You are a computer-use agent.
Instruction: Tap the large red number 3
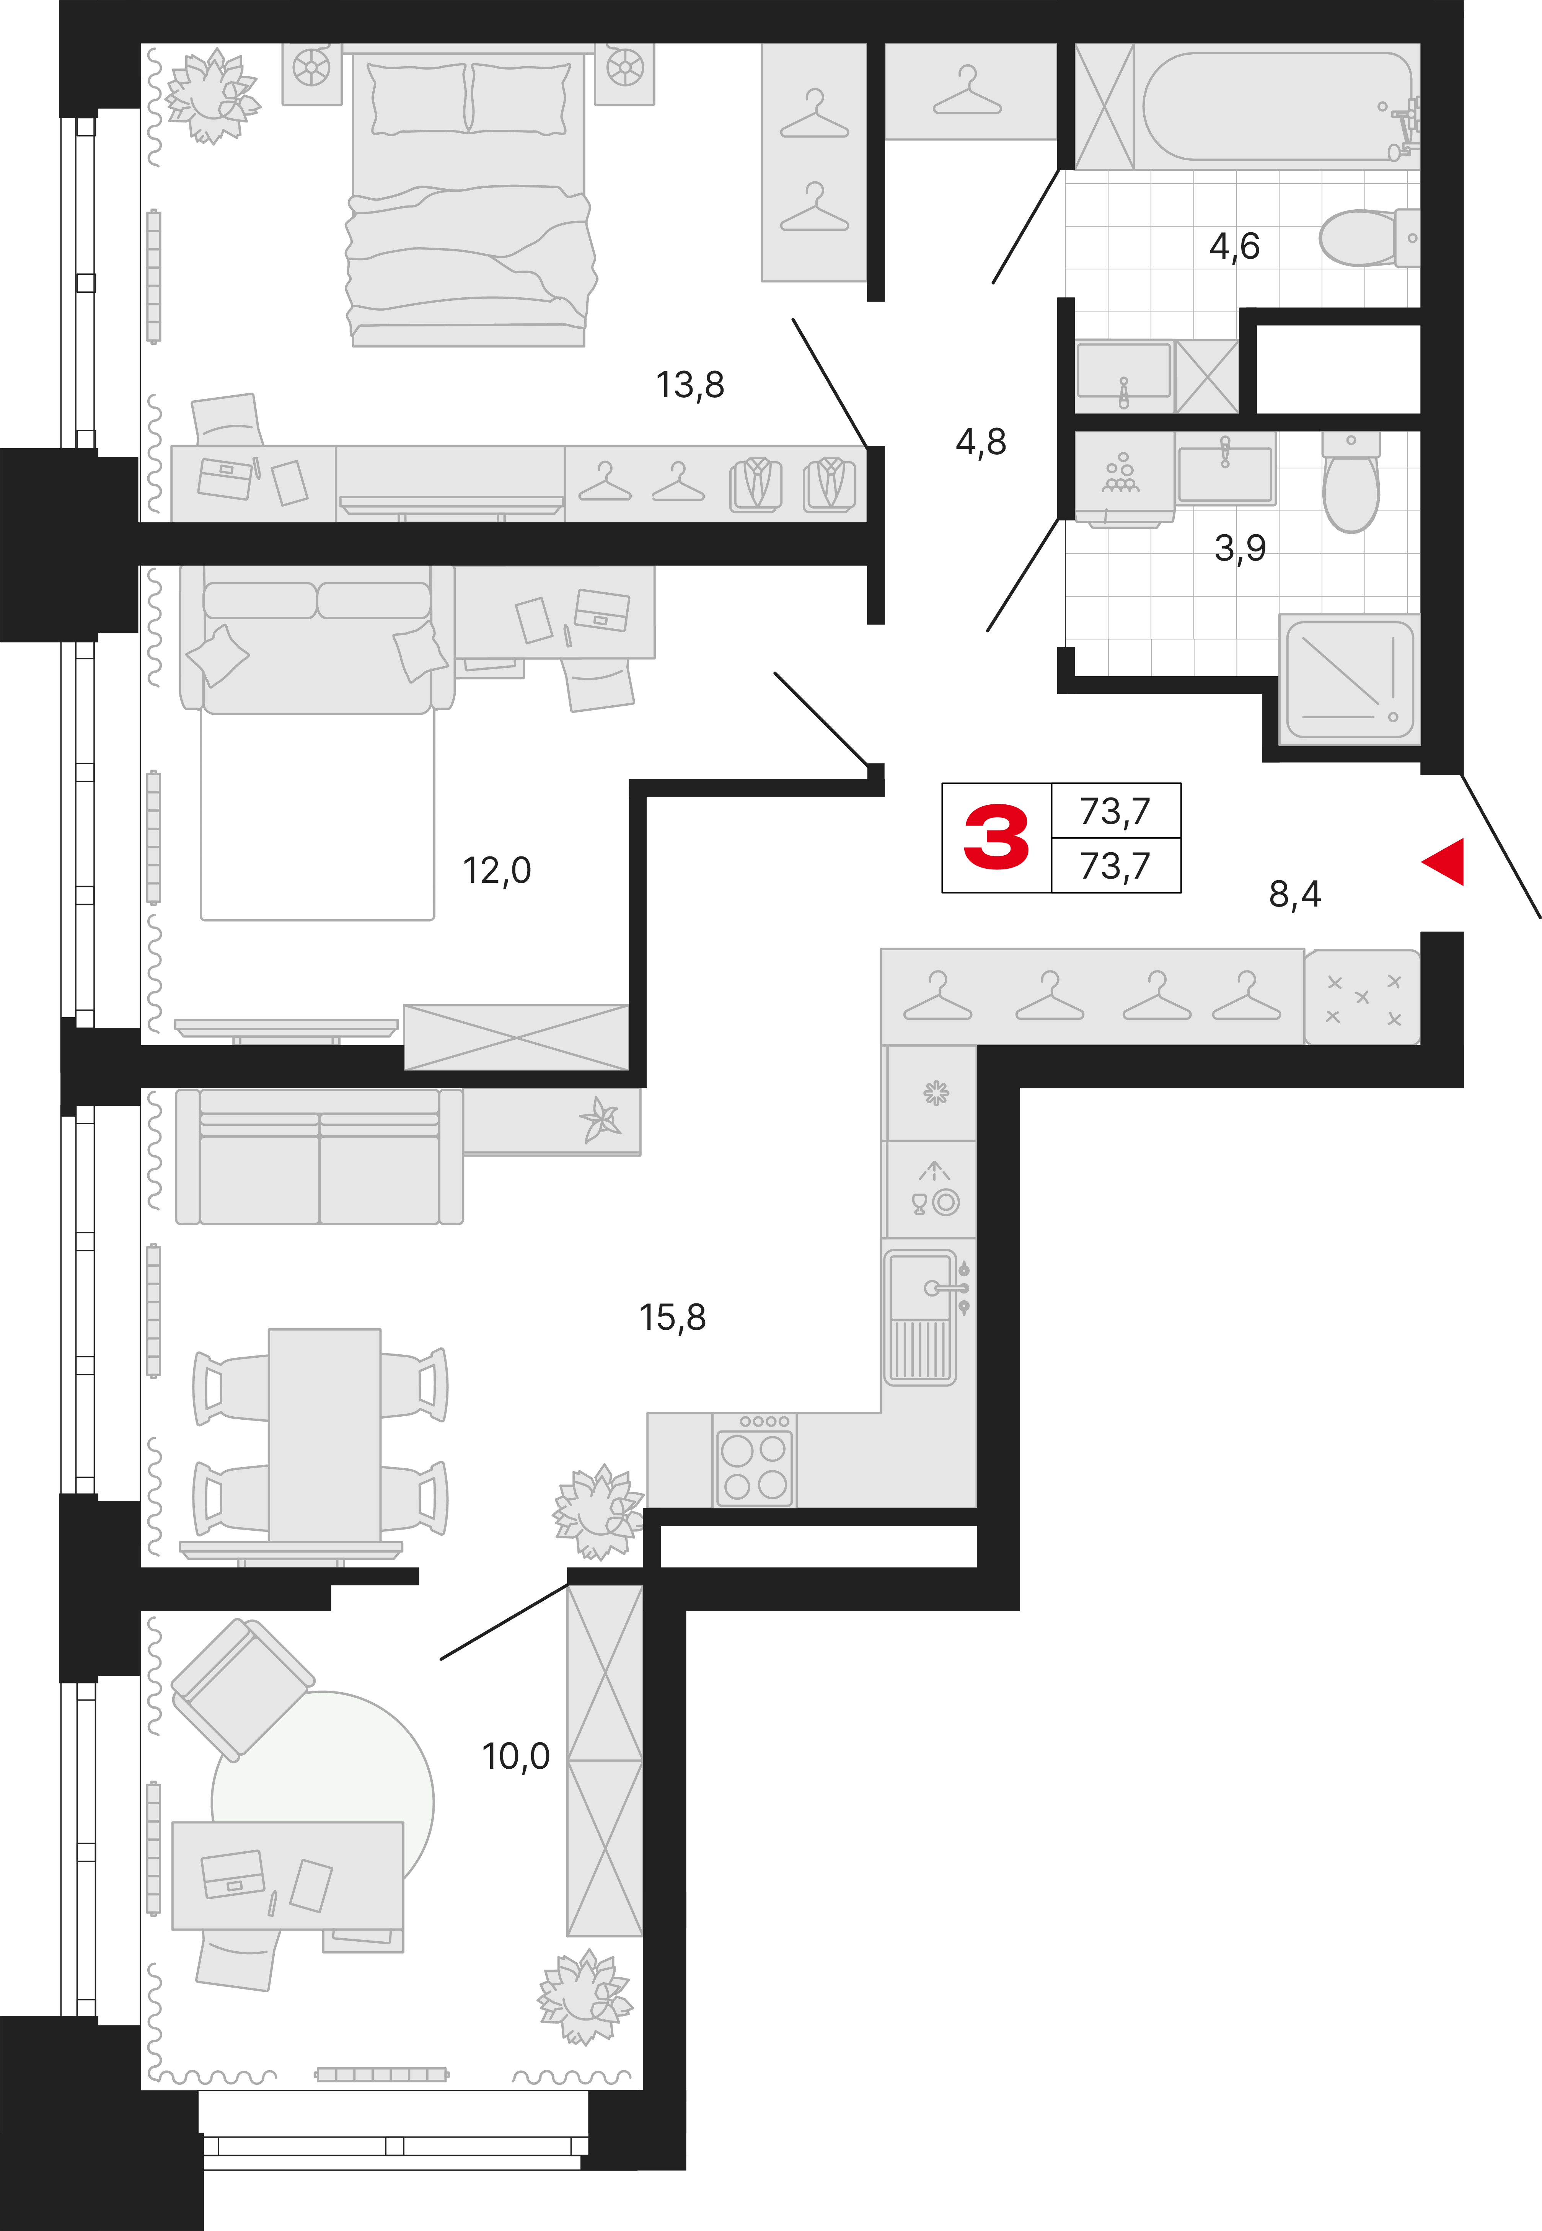(x=996, y=837)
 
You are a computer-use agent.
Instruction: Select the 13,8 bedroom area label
(x=690, y=385)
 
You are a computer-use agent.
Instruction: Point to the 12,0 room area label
(x=497, y=871)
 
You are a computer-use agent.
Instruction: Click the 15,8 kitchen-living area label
(x=672, y=1317)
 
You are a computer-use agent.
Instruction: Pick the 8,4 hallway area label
(x=1295, y=895)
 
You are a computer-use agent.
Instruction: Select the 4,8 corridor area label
(x=981, y=442)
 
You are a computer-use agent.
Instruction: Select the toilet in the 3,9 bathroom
(x=1351, y=481)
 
